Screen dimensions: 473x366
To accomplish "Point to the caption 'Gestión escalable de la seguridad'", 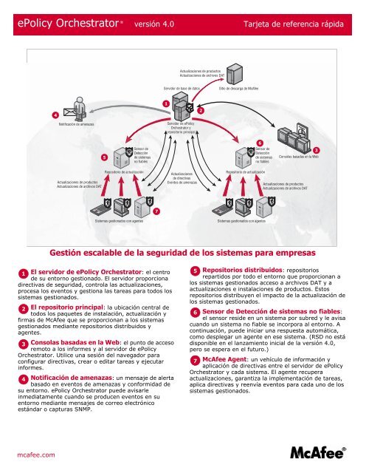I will (x=182, y=250).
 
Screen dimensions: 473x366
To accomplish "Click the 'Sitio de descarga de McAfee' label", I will (x=249, y=89).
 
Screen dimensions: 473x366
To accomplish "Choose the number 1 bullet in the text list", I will (x=24, y=273).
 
